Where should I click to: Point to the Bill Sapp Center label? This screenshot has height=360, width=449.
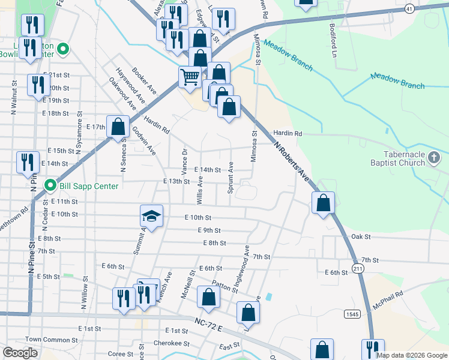(88, 186)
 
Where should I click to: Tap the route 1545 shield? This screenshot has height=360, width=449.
(352, 314)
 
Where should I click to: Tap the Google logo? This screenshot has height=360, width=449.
(20, 353)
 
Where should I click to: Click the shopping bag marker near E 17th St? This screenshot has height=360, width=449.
(119, 126)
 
